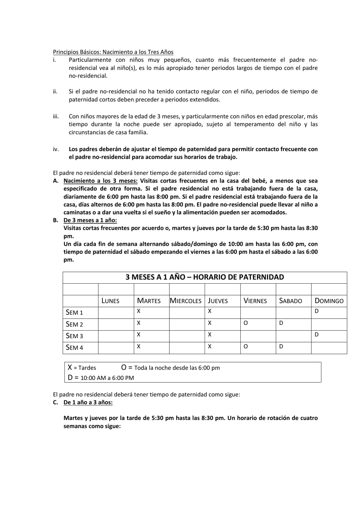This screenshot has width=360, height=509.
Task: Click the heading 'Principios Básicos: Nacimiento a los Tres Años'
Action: click(x=113, y=52)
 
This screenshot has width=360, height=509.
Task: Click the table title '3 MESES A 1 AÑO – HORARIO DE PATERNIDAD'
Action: click(x=205, y=277)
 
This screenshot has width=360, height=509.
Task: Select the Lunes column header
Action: click(x=110, y=301)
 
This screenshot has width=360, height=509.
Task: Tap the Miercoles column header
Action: click(x=186, y=301)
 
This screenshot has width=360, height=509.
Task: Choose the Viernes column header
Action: click(x=255, y=301)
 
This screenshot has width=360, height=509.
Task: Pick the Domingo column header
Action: click(x=329, y=301)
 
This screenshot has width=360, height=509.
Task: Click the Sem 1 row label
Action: click(x=74, y=312)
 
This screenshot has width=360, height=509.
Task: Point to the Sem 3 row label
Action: click(x=74, y=336)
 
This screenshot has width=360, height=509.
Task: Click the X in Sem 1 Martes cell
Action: click(x=139, y=311)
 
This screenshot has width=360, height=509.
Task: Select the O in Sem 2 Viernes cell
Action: click(x=246, y=323)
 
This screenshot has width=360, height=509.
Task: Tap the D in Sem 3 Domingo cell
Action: click(x=316, y=334)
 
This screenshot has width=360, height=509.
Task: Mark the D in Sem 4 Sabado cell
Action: click(x=281, y=346)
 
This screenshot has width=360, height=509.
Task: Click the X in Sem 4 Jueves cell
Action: click(x=210, y=346)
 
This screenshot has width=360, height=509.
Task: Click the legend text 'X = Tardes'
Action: click(x=82, y=368)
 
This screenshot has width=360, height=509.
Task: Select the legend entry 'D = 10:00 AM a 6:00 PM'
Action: click(x=101, y=378)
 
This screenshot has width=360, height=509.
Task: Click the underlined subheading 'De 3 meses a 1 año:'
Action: click(x=90, y=220)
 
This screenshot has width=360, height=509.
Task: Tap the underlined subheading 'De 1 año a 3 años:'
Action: click(x=88, y=402)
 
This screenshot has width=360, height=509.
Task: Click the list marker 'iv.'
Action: click(x=56, y=149)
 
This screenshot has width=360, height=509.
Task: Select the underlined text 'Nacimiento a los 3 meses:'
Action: click(x=100, y=181)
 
